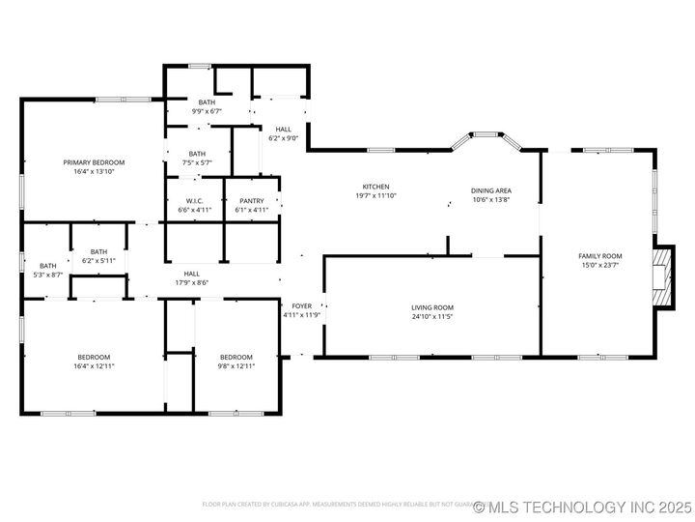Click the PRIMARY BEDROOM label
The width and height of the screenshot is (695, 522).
tap(94, 162)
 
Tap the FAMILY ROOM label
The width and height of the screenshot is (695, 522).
tap(598, 256)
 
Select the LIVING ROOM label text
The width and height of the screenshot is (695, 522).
tap(431, 306)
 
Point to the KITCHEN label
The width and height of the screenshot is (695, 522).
tap(375, 187)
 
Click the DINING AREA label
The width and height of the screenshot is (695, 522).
tap(490, 191)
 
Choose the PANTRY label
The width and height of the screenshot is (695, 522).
tap(251, 201)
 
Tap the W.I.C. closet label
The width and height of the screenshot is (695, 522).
tap(194, 201)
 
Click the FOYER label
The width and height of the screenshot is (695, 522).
tap(301, 305)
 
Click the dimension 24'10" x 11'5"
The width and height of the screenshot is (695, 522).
tap(431, 316)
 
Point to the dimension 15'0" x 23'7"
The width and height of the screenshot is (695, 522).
tap(598, 265)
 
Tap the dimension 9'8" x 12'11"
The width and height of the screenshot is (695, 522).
tap(236, 365)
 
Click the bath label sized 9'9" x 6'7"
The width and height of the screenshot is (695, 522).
tap(207, 102)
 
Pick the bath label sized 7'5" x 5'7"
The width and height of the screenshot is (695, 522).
tap(197, 154)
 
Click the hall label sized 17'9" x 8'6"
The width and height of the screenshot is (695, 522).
tap(191, 274)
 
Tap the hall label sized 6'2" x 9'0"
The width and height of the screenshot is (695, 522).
tap(283, 130)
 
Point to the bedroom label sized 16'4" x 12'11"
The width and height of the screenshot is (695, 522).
tap(94, 357)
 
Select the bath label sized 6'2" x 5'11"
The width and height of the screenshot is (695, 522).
tap(98, 251)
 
